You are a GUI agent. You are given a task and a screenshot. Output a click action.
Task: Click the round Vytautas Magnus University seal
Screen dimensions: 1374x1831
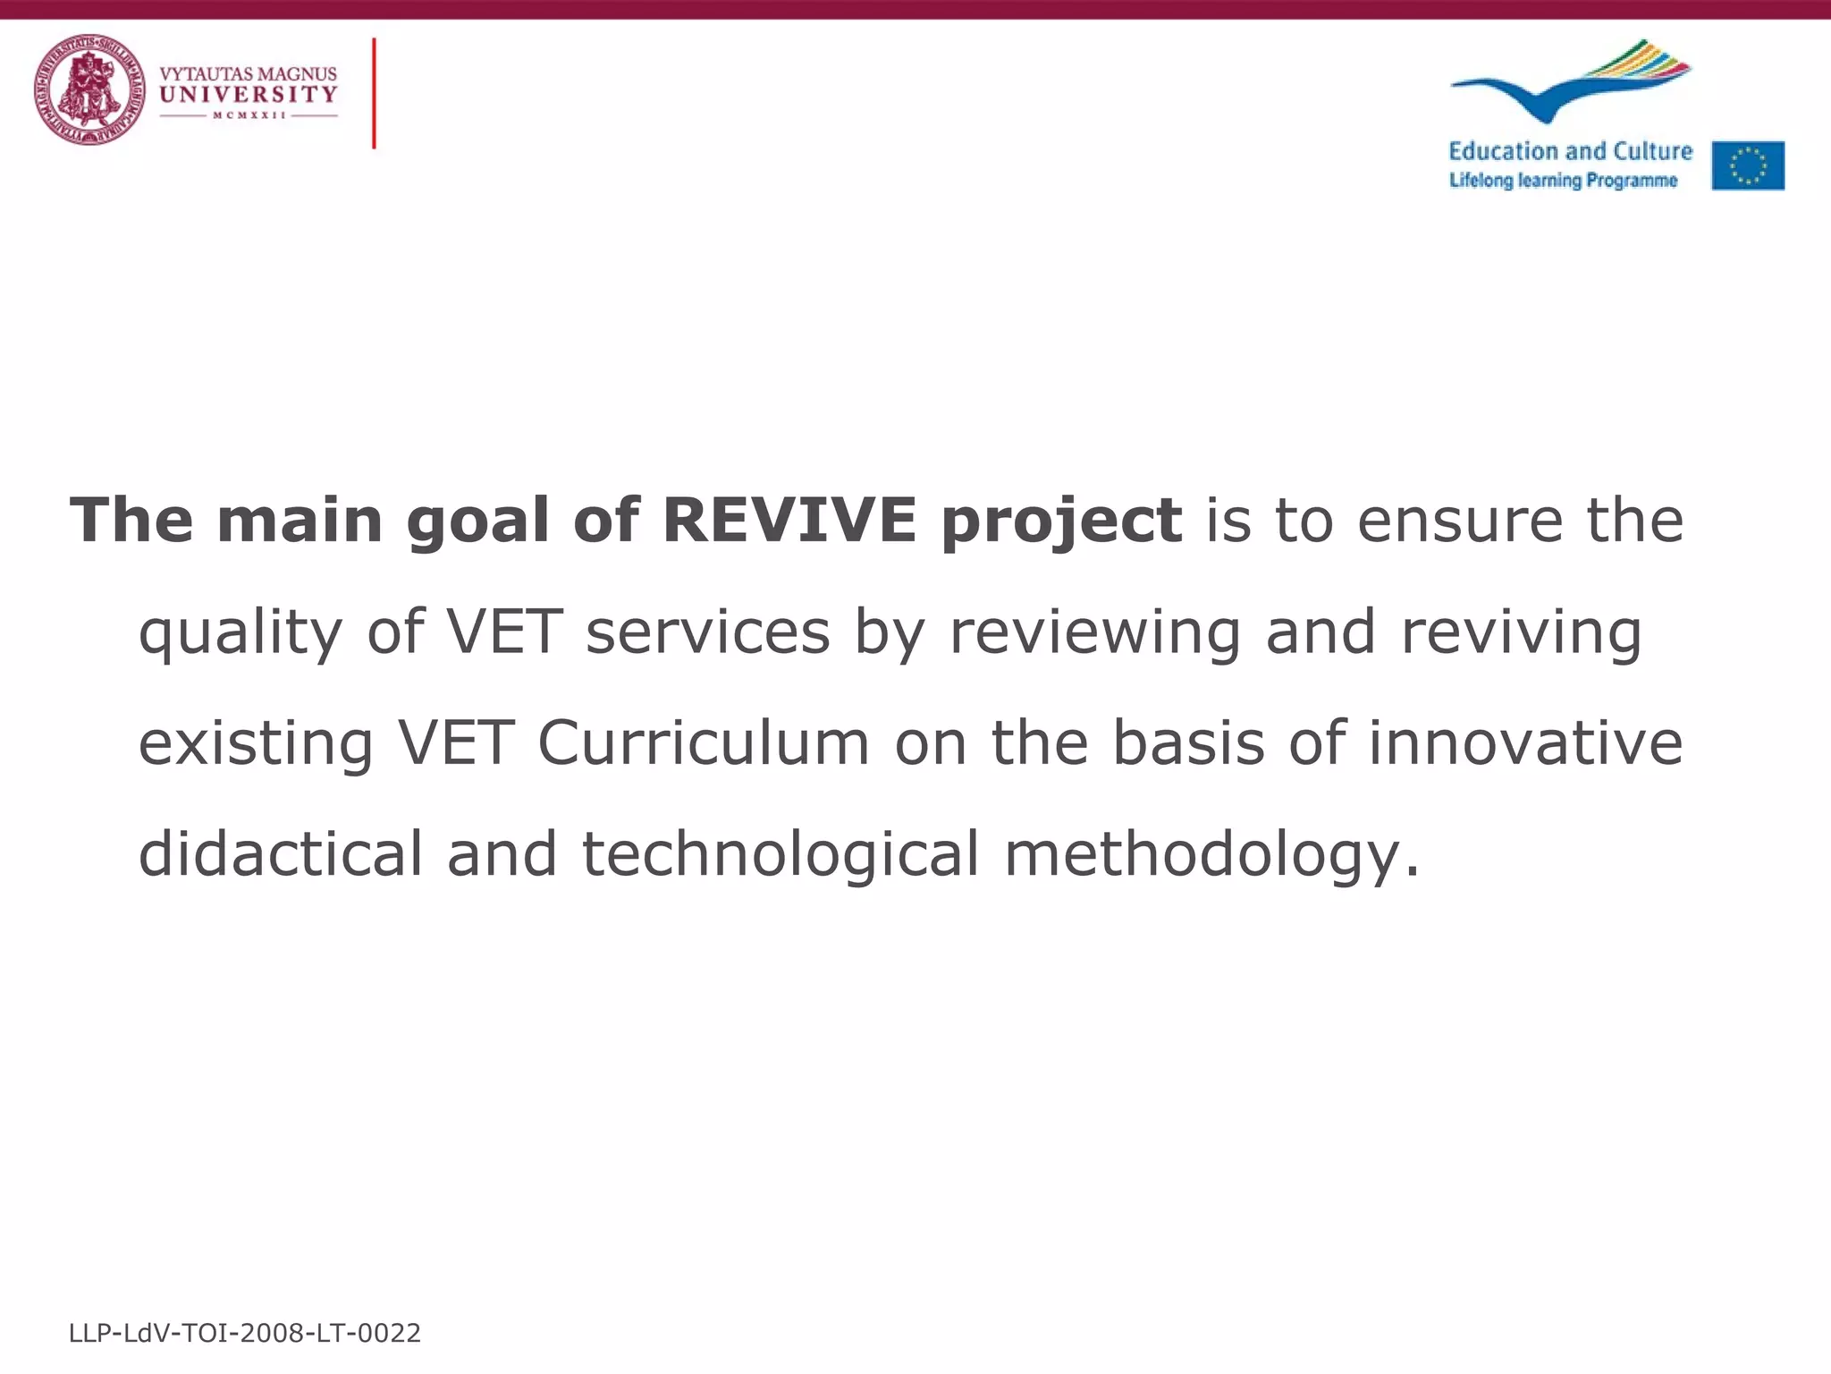[89, 89]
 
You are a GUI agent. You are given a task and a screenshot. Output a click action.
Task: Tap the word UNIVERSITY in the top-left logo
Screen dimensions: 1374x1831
[248, 95]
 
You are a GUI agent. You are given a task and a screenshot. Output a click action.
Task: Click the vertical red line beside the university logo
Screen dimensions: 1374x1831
[374, 93]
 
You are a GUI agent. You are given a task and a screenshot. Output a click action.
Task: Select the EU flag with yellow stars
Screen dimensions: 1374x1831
[1748, 165]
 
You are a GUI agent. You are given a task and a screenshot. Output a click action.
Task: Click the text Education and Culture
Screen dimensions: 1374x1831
[1570, 151]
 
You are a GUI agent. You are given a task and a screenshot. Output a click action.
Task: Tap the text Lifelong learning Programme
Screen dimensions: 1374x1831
[1563, 181]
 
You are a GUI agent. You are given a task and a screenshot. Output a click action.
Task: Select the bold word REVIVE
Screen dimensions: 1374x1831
[789, 520]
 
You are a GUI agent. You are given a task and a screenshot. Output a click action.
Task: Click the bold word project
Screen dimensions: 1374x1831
[1061, 522]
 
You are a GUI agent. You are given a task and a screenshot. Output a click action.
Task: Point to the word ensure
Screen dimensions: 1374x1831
[1459, 520]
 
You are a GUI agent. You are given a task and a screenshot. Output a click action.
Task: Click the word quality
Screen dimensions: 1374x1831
[240, 632]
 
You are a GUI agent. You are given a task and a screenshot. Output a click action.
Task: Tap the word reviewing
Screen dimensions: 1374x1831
[1094, 632]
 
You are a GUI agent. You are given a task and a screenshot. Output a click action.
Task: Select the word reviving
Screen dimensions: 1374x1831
[1521, 632]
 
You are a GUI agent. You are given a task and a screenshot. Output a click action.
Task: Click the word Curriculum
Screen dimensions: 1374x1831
[704, 742]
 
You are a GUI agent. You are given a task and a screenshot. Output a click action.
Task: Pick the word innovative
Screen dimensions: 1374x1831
[1525, 742]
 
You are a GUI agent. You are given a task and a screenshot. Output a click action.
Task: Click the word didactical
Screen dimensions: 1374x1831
[280, 853]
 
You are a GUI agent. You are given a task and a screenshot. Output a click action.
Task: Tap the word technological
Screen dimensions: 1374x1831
[780, 853]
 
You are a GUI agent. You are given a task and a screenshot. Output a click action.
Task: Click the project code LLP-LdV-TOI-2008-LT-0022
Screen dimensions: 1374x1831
[244, 1334]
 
